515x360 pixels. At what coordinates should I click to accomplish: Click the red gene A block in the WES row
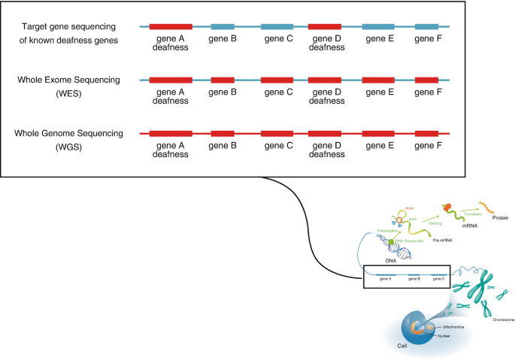171,80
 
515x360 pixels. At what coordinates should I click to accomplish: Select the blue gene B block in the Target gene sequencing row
223,26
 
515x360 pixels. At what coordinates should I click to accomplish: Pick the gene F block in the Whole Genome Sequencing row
426,133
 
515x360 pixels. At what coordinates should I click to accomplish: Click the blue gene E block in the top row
378,26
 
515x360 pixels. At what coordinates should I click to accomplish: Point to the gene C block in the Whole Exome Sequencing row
277,80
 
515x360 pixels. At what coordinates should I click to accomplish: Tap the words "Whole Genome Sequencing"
68,133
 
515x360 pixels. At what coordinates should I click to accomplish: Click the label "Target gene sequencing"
68,26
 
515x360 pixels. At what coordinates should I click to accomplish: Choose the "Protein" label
499,218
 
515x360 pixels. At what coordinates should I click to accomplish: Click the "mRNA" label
451,223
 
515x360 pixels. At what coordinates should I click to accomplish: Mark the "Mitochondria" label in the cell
452,327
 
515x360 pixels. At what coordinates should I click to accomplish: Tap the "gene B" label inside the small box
414,279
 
